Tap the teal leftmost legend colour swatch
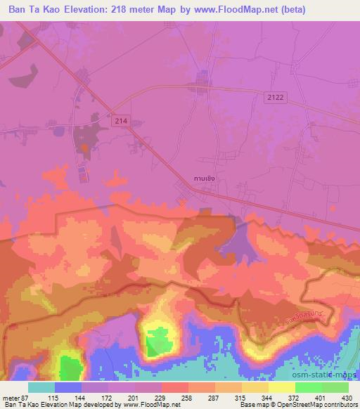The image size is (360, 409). tap(41, 387)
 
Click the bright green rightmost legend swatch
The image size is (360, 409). tap(335, 387)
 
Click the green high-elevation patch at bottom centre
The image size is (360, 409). tap(160, 343)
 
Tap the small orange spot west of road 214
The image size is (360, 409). tap(85, 148)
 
